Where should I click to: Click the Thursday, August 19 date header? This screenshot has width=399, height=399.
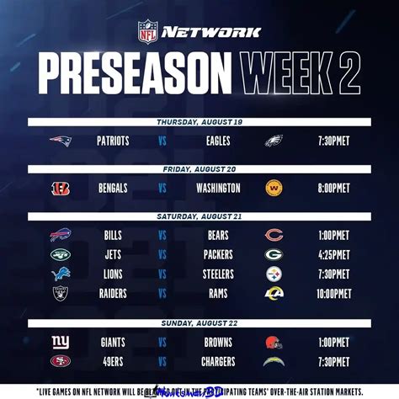click(199, 123)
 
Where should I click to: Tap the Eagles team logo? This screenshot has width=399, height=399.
click(274, 141)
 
